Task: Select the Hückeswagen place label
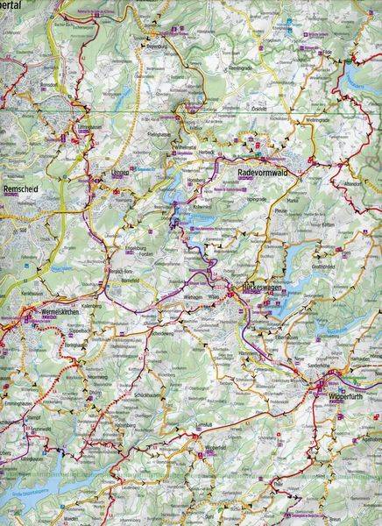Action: pyautogui.click(x=260, y=288)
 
